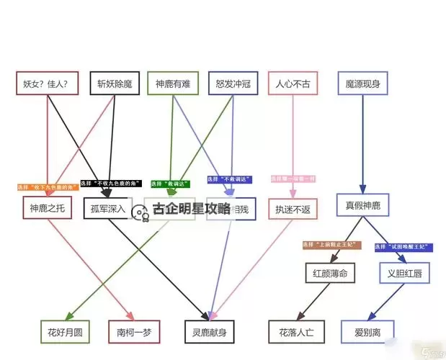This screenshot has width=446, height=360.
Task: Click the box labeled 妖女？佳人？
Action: coord(47,84)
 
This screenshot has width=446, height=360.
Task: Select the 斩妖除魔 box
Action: coord(115,84)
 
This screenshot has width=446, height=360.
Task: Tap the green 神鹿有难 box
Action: coord(172,84)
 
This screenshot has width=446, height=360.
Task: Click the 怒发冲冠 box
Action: coord(233,84)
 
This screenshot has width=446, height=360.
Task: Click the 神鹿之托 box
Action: coord(47,209)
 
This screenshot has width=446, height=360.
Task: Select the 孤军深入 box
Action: coord(109,209)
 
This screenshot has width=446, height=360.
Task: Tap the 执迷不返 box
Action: coord(293,209)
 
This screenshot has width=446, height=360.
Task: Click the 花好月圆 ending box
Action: coord(66,332)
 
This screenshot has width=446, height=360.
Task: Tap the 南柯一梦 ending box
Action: coord(130,332)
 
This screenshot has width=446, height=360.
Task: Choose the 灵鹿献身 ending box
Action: coord(210,332)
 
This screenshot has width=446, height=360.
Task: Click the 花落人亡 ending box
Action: coord(296,332)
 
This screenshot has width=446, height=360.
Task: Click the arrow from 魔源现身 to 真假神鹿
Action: coord(362,144)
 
